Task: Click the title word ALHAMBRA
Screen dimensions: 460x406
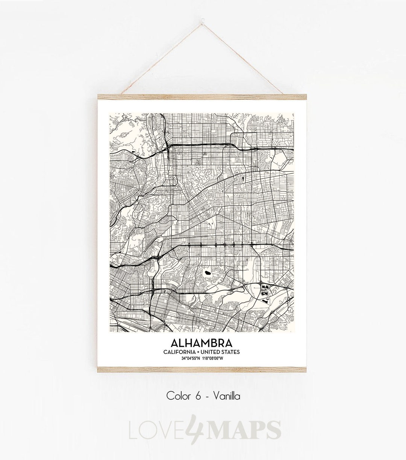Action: tap(201, 343)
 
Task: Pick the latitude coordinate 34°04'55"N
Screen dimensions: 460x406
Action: tap(191, 358)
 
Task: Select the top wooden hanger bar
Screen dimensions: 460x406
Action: tap(203, 96)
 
